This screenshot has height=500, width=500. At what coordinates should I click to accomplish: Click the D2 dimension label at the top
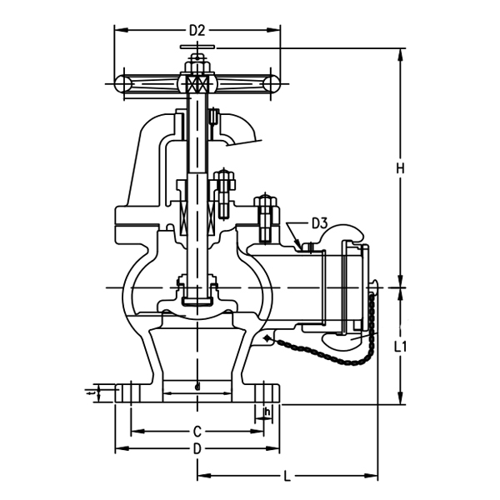click(197, 31)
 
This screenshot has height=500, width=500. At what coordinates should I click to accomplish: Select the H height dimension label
click(400, 168)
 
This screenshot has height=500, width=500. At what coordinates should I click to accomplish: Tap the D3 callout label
click(319, 223)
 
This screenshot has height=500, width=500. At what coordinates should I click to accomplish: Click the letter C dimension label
click(197, 432)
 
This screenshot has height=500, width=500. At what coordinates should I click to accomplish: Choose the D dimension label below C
click(197, 449)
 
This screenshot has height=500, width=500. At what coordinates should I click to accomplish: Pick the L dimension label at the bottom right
click(287, 477)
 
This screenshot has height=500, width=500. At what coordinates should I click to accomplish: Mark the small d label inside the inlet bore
click(197, 387)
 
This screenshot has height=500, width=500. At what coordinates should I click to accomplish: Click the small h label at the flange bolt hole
click(267, 411)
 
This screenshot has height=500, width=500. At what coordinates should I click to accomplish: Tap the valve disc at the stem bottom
click(197, 300)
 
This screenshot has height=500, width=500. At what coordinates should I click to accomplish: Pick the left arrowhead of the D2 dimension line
click(118, 31)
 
